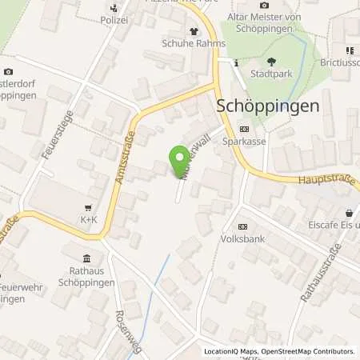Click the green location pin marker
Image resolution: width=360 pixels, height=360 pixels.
pos(180,160)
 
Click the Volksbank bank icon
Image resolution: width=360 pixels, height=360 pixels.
pos(242,226)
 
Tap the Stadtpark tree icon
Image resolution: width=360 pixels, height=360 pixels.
pos(271,62)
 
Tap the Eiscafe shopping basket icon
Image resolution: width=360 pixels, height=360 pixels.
pos(349,213)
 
